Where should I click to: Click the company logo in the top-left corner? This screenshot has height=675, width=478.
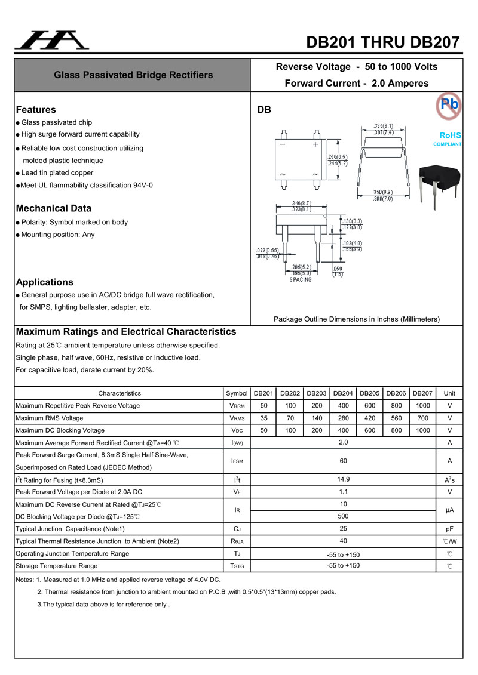tap(51, 40)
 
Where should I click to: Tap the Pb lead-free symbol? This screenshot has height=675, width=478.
tap(449, 104)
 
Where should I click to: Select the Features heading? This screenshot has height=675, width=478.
tap(36, 110)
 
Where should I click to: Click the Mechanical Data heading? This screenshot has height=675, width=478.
tap(54, 209)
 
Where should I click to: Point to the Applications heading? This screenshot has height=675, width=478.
tap(45, 282)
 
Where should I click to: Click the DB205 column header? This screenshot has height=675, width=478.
tap(370, 393)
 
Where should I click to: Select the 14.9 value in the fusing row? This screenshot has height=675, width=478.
tap(344, 479)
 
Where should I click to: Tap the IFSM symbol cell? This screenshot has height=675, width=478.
tap(237, 461)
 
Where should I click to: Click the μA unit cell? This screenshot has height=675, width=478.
tap(450, 511)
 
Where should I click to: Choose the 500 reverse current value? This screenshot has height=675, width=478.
tap(344, 516)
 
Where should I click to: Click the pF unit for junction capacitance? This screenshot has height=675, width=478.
tap(450, 529)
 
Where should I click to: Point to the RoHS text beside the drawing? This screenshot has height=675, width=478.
tap(451, 135)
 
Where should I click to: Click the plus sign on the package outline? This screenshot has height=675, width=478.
tap(315, 144)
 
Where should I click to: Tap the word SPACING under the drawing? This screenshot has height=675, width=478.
tap(301, 279)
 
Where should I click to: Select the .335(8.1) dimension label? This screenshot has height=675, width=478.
tap(383, 126)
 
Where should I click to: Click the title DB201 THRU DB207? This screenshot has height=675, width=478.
tap(383, 42)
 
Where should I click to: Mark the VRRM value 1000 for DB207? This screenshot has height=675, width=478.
tap(423, 406)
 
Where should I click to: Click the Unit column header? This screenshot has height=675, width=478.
tap(450, 393)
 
